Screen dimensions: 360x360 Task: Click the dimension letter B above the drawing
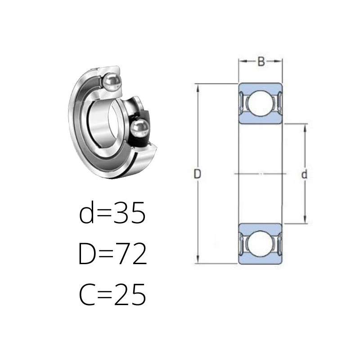pos(261,61)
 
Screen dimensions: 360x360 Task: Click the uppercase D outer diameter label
pos(197,174)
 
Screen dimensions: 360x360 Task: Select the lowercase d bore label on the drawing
pos(304,174)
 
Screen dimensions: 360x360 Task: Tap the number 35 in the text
pos(130,213)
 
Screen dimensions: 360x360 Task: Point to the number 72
pos(130,254)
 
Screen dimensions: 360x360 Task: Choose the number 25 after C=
pos(130,295)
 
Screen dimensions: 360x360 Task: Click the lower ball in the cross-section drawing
pos(261,243)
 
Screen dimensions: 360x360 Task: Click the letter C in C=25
pos(87,295)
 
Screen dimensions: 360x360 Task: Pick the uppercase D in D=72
pos(86,254)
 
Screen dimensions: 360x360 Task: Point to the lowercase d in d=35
pos(86,212)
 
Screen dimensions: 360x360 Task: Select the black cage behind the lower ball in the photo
pos(140,129)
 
